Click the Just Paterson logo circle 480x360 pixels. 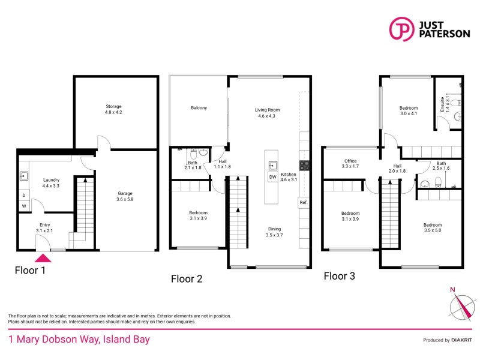[402, 29]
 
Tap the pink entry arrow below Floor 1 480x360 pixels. [43, 258]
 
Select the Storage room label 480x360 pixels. [113, 109]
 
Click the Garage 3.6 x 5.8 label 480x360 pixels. [125, 196]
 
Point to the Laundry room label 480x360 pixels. [51, 183]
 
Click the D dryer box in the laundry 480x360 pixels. [24, 195]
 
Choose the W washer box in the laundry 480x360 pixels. [24, 207]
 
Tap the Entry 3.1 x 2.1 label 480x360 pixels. [44, 227]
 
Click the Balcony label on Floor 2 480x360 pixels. [199, 108]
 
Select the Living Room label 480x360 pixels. [267, 113]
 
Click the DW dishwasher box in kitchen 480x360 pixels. [272, 177]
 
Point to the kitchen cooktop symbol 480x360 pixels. [304, 166]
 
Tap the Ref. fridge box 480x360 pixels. [304, 203]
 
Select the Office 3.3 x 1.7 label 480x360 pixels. [350, 163]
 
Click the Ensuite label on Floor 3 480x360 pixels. [443, 105]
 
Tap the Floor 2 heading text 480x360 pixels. [187, 278]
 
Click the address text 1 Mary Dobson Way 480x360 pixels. [79, 340]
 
